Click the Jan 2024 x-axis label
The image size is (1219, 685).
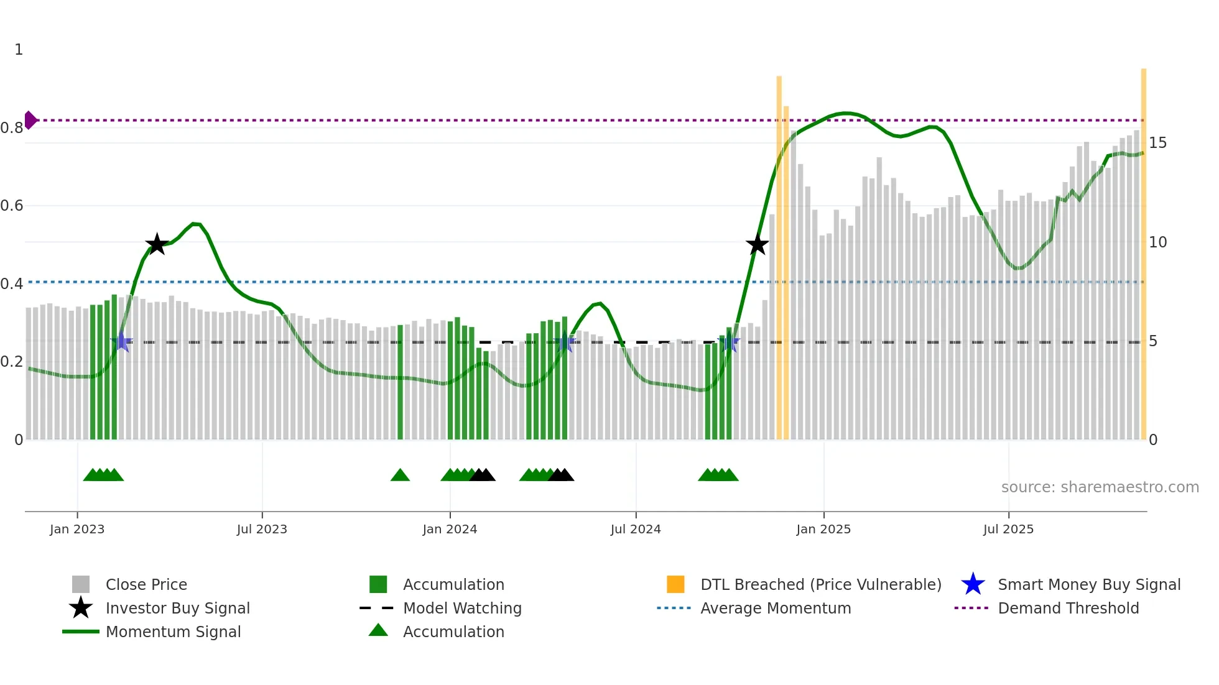click(x=450, y=529)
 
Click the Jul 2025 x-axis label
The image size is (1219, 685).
click(x=1008, y=529)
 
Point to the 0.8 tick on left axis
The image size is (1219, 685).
click(x=12, y=128)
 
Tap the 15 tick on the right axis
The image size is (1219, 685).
click(x=1157, y=143)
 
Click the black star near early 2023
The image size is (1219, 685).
click(x=157, y=244)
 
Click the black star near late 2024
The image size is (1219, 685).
click(x=757, y=245)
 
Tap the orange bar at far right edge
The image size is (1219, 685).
click(x=1143, y=249)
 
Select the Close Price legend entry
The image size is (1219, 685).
click(x=146, y=584)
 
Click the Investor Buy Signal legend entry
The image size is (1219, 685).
click(x=177, y=608)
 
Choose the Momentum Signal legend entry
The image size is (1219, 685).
click(x=173, y=632)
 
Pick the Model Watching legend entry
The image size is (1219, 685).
click(x=461, y=608)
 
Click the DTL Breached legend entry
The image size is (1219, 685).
click(x=820, y=584)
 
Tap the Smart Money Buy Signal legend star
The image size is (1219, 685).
click(x=973, y=584)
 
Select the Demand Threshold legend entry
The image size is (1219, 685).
click(x=1068, y=608)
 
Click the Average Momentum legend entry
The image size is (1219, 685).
click(x=775, y=608)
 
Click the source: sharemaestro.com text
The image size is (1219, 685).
click(x=1100, y=487)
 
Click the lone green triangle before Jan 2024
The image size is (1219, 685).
click(x=400, y=476)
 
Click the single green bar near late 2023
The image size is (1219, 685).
click(x=400, y=382)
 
